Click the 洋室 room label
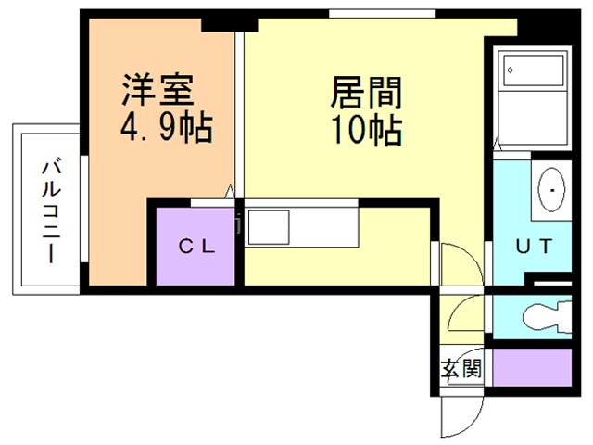coord(158,90)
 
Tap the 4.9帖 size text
coord(167,127)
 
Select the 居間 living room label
coord(366,93)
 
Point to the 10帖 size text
coord(367,130)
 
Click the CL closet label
coord(196,247)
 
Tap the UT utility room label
coord(534,246)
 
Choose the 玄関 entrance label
coord(461,368)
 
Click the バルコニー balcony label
coord(51,211)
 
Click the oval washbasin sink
coord(551,189)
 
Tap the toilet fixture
coord(547,317)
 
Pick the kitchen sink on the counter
coord(269,227)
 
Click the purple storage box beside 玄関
coord(532,367)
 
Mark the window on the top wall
coord(382,14)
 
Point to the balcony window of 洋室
coord(84,208)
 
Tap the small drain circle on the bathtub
coord(511,70)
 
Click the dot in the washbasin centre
coord(552,190)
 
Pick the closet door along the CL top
coord(212,203)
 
